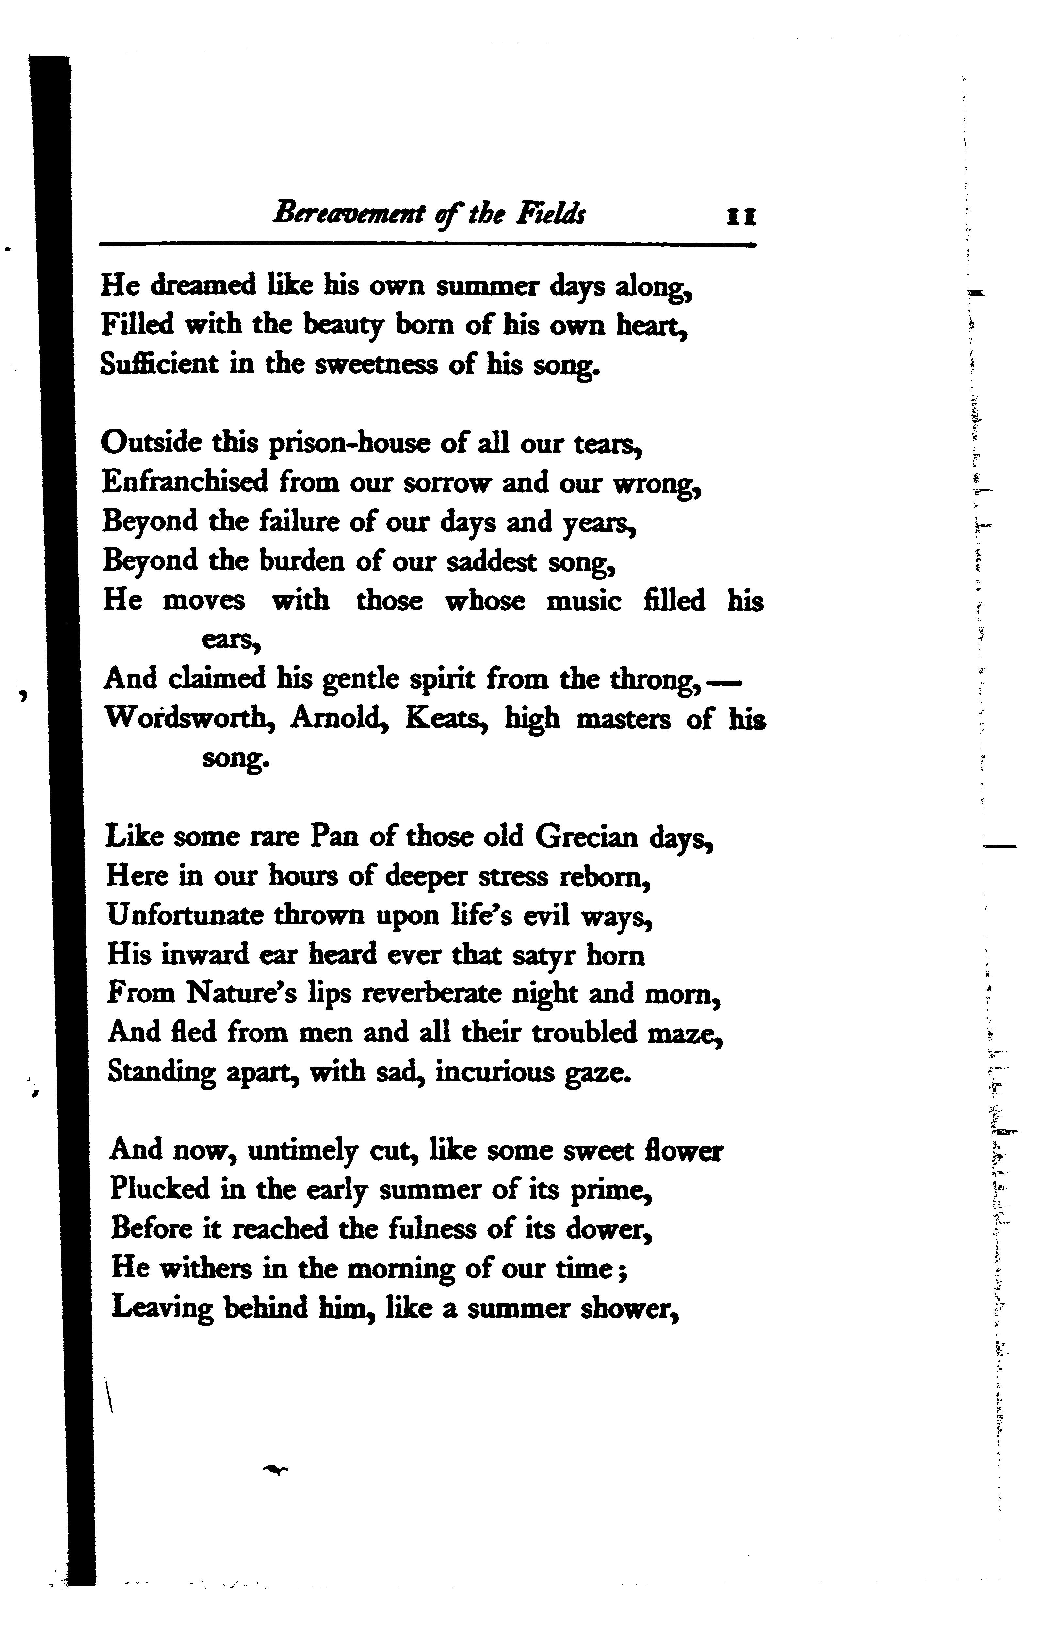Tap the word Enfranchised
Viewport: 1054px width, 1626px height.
click(185, 482)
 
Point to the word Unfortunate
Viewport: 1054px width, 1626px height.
click(185, 915)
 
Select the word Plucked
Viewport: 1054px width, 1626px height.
click(160, 1190)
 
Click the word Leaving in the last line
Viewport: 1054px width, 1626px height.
click(162, 1308)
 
